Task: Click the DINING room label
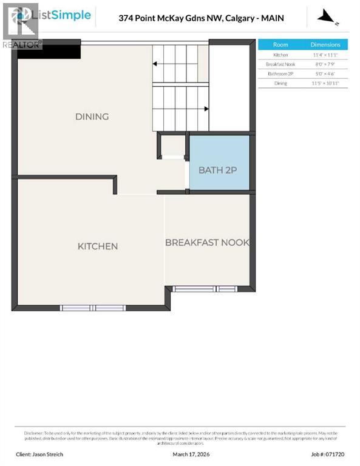[x=92, y=116]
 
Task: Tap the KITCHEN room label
[x=98, y=246]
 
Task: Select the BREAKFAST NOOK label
[x=207, y=242]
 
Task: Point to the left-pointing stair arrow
[x=155, y=62]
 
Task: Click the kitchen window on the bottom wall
[x=93, y=308]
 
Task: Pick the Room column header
[x=280, y=45]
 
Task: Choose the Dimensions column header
[x=325, y=45]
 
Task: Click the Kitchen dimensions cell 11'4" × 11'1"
[x=325, y=55]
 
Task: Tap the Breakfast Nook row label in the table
[x=280, y=64]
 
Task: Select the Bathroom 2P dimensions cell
[x=325, y=73]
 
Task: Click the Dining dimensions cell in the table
[x=325, y=83]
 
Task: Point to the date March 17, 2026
[x=188, y=454]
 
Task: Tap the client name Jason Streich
[x=39, y=454]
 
